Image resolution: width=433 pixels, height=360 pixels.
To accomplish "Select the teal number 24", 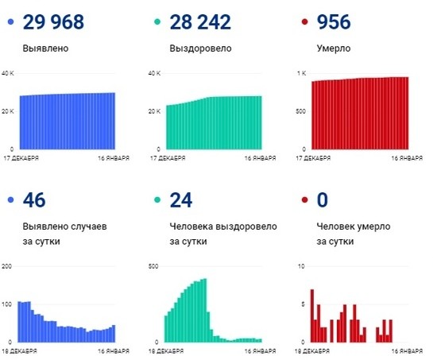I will point(182,199).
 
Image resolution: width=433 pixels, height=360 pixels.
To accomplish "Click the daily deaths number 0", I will point(323,199).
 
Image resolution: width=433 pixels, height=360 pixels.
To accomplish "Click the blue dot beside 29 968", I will point(10,22).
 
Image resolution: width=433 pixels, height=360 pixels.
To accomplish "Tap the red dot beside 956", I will point(301,22).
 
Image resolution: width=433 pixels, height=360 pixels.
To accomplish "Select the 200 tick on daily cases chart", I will point(8,266).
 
